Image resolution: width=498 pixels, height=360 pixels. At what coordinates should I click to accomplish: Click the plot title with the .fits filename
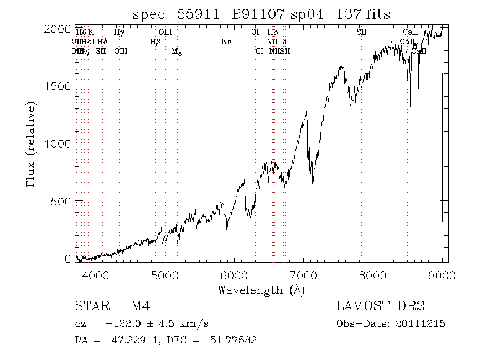[x=262, y=14]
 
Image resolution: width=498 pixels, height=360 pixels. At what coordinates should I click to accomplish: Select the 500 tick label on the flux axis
[x=63, y=200]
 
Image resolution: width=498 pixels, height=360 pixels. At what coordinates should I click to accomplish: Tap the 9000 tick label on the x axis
[x=442, y=275]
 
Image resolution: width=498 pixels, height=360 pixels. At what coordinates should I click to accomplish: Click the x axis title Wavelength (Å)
[x=261, y=289]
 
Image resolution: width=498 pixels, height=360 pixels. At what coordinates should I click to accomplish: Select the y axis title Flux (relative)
[x=30, y=143]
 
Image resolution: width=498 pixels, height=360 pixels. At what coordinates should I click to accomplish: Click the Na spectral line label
[x=226, y=42]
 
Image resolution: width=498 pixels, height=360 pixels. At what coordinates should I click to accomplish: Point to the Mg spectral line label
[x=177, y=52]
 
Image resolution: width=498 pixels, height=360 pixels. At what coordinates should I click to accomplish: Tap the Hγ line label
[x=119, y=32]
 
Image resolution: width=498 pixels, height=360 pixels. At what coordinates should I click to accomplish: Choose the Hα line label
[x=273, y=32]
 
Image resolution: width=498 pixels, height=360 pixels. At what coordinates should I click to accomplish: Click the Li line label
[x=283, y=42]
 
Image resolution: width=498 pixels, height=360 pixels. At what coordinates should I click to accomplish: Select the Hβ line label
[x=155, y=42]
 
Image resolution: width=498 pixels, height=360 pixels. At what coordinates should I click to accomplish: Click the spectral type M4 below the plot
[x=141, y=306]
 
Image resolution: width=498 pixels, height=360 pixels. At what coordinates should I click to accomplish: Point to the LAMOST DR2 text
[x=380, y=306]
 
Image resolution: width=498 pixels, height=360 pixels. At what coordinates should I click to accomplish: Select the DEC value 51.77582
[x=234, y=341]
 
